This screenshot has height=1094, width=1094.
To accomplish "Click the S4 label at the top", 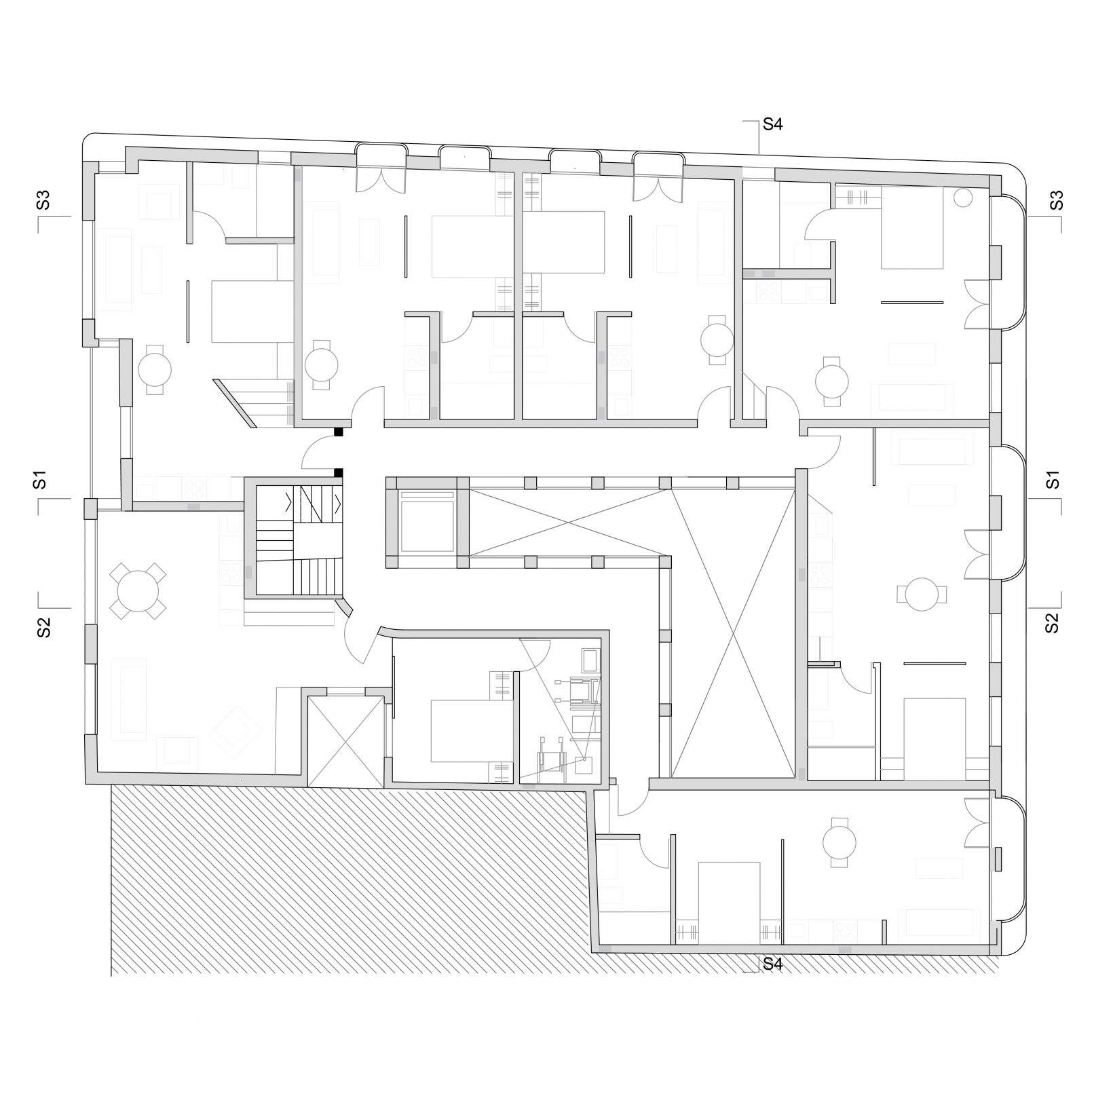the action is click(x=773, y=124).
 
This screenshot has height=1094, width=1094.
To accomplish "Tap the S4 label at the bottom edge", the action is click(x=773, y=963).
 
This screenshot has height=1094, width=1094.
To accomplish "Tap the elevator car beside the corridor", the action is click(x=427, y=522).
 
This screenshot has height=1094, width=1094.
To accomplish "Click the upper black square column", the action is click(x=339, y=432).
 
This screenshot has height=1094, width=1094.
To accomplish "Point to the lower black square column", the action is click(x=339, y=472).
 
